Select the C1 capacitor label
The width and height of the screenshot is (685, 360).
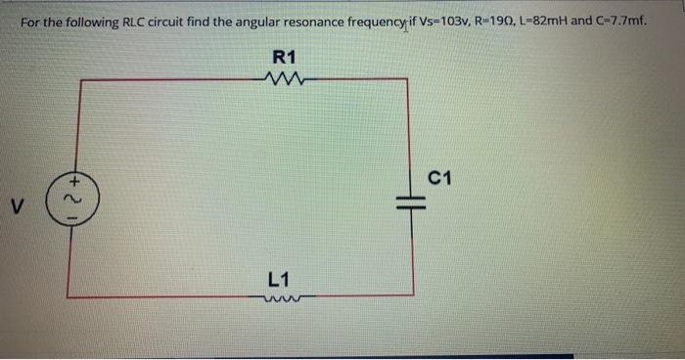[439, 177]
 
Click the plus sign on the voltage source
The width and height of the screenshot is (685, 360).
[73, 181]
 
